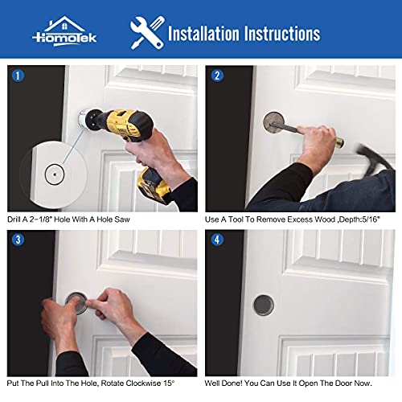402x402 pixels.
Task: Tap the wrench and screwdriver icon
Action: (x=146, y=32)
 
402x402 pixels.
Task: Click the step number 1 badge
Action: (x=18, y=78)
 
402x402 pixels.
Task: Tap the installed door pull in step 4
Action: (x=262, y=304)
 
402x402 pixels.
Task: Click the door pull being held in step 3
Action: (x=77, y=304)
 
